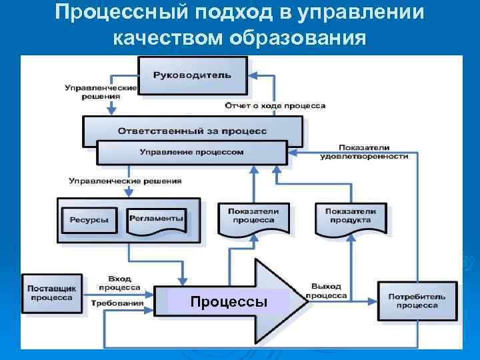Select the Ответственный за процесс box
coord(192,131)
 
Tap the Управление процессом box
coord(192,152)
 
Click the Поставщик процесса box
coord(51,293)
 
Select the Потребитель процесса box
coord(417,299)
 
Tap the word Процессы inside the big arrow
coord(229,302)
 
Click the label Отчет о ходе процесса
coord(275,106)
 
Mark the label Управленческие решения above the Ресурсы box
coord(125,181)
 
